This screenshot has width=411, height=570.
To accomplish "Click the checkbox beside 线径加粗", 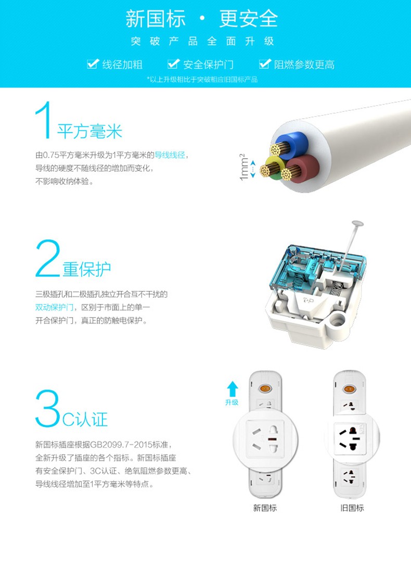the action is pos(93,64).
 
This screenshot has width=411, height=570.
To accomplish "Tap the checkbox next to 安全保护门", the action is pos(173,64).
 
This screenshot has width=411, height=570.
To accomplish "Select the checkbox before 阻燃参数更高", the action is pos(265,64).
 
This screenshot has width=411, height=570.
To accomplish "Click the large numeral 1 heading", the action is pos(44,120).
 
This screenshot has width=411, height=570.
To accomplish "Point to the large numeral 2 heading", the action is pos(48,259).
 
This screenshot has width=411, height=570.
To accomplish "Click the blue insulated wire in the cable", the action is pos(292,143).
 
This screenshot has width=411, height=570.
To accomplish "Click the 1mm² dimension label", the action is pos(244,167).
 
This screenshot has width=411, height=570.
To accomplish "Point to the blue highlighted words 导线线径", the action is pos(170,155).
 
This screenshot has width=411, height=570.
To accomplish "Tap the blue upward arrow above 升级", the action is pos(232,389).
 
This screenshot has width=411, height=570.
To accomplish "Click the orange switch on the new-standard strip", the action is pos(265,389).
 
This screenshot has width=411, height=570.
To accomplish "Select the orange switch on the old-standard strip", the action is pos(349,389).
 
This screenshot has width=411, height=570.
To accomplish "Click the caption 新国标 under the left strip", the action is pos(265,508).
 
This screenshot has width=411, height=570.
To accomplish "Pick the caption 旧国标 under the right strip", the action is pos(352,508).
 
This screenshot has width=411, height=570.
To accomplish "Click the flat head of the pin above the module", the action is pos(357,223).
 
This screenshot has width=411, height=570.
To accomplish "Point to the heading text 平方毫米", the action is pos(90,131).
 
